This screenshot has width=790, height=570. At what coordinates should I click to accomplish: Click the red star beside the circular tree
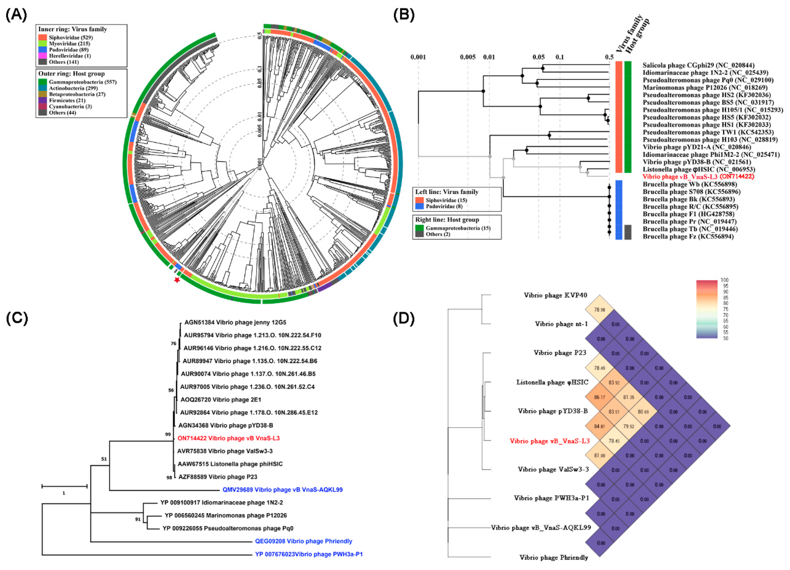(177, 280)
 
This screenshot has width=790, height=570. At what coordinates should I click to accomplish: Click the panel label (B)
(403, 15)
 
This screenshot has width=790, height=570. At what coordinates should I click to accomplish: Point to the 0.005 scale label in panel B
(467, 57)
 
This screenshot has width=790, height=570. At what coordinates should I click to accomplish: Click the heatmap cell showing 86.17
(599, 397)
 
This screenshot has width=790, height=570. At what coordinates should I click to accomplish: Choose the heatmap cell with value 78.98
(599, 310)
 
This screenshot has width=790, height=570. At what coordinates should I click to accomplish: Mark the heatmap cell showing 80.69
(643, 411)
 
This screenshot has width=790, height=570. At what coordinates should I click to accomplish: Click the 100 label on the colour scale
(725, 280)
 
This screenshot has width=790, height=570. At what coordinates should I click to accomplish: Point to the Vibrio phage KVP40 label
(555, 295)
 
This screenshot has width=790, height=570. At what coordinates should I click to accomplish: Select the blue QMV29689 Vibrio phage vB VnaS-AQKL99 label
(283, 490)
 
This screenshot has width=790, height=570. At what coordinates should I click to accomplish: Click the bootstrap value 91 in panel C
(138, 519)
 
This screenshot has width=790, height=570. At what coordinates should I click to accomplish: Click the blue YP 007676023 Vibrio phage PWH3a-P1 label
(309, 554)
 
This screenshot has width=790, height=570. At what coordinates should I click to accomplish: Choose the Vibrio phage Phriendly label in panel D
(554, 558)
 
